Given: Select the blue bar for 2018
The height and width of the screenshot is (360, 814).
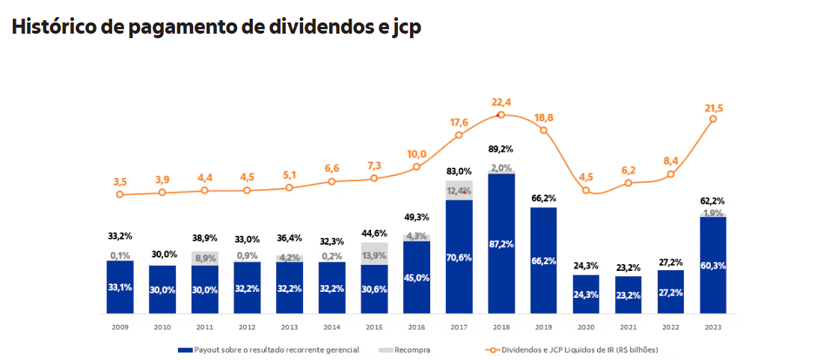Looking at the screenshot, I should click(501, 243).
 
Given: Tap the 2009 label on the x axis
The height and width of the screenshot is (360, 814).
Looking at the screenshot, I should click(120, 326).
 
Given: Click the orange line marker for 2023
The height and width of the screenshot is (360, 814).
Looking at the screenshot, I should click(713, 118).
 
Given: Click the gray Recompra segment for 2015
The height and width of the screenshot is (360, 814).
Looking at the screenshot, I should click(374, 254).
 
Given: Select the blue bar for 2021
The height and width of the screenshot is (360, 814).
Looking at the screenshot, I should click(628, 295).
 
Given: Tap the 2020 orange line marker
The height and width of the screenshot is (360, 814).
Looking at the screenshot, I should click(587, 190).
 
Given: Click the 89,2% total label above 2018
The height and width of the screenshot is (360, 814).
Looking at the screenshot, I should click(501, 149).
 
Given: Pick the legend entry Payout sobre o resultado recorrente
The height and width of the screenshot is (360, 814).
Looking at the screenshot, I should click(269, 350).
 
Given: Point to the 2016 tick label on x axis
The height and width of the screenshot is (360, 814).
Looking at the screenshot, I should click(417, 326).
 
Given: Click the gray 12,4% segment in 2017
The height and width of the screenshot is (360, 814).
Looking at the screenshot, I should click(459, 190).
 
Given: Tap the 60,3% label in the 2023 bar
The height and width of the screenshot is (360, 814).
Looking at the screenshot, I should click(713, 266).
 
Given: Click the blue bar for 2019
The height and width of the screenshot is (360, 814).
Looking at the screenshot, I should click(544, 260).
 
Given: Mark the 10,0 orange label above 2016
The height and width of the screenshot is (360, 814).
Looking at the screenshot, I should click(417, 154).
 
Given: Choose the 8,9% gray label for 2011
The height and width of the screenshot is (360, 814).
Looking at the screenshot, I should click(204, 258).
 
